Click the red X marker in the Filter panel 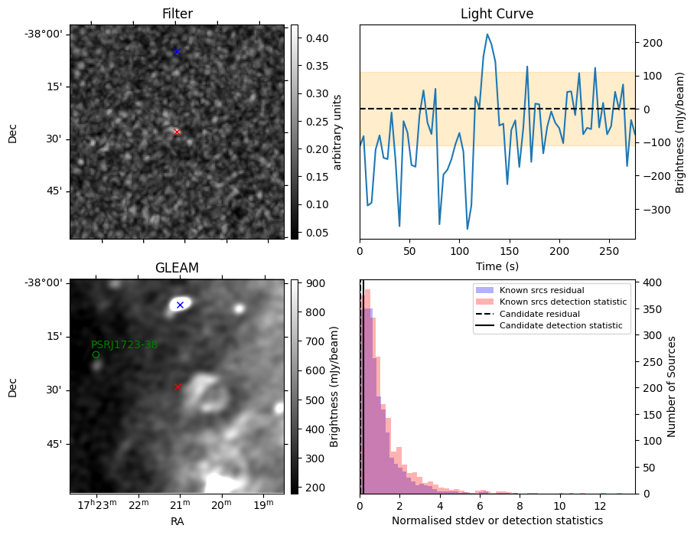(x=177, y=132)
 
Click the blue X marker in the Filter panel (x=177, y=52)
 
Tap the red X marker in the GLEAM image (x=178, y=387)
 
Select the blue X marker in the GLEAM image (x=180, y=305)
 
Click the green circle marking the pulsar (x=96, y=354)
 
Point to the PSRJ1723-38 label (x=125, y=344)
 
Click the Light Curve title (x=497, y=14)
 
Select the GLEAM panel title (x=177, y=268)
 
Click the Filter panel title (x=178, y=14)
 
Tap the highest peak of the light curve (x=487, y=34)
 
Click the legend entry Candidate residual (x=539, y=314)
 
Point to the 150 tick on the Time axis (x=510, y=251)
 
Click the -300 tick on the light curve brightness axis (x=650, y=210)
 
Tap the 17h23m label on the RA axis (x=97, y=505)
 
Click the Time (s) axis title (x=497, y=266)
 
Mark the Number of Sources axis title (x=671, y=387)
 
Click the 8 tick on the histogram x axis (x=520, y=506)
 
